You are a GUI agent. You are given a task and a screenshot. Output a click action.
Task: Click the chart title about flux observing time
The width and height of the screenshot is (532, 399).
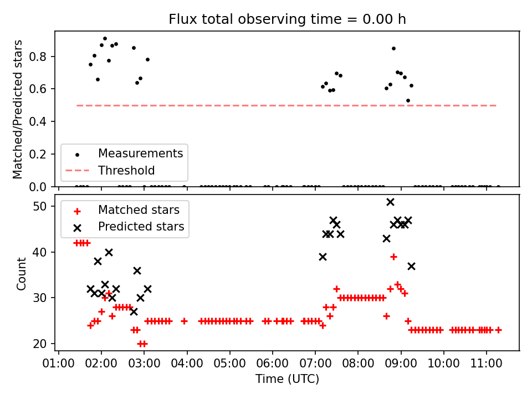pos(287,19)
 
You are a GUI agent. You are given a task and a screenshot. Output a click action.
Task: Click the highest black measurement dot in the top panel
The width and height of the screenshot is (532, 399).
pos(105,39)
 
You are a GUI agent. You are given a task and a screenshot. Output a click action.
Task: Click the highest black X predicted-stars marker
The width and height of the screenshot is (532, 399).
pos(390,202)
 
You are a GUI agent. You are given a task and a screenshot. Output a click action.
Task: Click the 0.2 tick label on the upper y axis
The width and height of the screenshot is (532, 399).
pos(38,154)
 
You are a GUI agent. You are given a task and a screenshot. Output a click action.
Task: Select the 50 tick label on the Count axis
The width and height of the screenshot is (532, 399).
pos(39,206)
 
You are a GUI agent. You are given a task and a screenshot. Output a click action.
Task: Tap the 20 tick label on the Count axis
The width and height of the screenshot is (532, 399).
pos(39,344)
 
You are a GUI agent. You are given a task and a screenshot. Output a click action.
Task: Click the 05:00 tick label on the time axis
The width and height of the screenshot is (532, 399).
pos(229,364)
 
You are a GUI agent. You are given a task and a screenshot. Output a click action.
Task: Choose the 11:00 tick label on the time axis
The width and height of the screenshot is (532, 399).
pos(486,364)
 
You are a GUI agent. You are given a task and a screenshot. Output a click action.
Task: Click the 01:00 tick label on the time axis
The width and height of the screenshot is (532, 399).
pos(58,364)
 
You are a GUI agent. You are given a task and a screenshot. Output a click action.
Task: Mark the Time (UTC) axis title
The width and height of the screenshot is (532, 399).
pos(287,378)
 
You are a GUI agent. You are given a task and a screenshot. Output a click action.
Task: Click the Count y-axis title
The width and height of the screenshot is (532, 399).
pos(21,274)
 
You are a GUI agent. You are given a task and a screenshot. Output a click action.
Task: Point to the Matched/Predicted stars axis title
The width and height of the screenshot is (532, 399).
pos(17,109)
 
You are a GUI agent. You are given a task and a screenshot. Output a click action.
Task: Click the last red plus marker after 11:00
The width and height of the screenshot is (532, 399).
pos(498,330)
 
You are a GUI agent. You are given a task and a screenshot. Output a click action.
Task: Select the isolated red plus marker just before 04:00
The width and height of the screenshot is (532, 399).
pos(184,321)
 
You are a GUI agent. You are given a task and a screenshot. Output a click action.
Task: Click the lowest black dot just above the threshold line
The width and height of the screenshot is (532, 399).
pos(408,101)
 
